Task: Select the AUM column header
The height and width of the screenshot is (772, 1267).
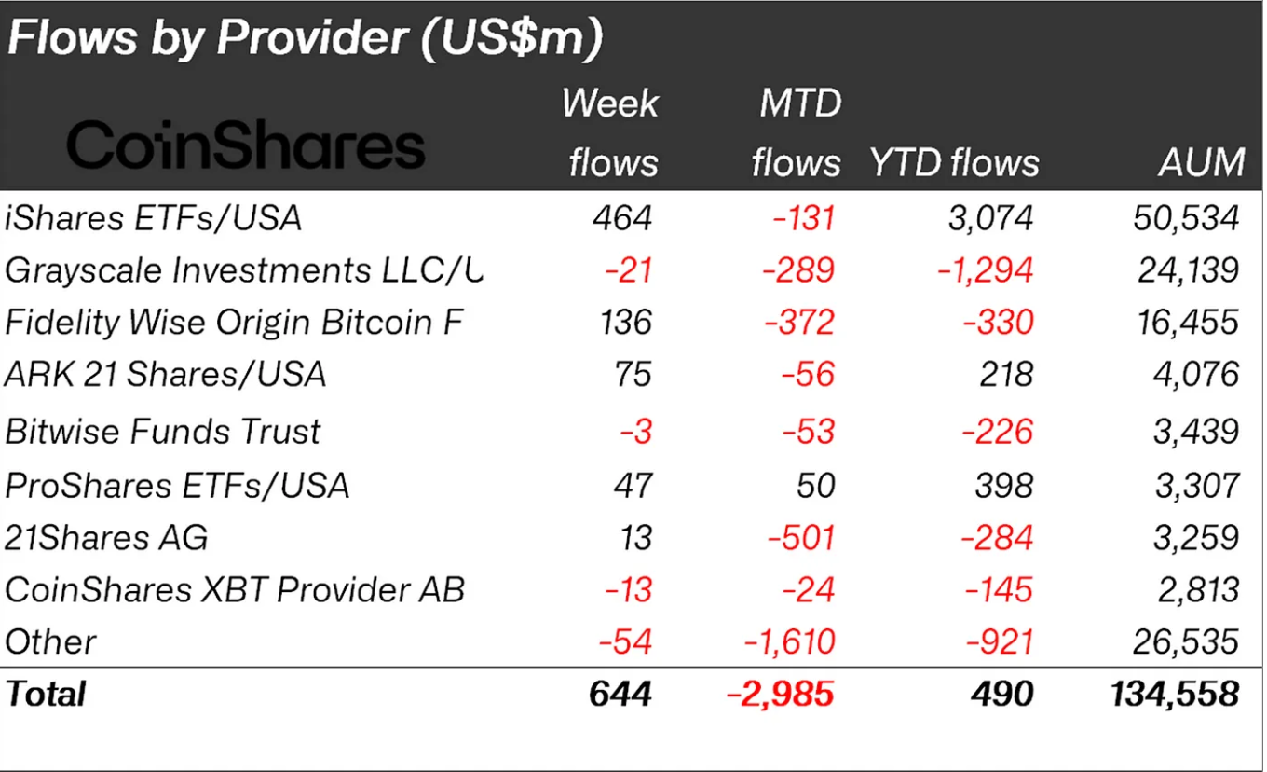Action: click(x=1201, y=162)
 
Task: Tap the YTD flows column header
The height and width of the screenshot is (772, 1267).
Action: click(x=954, y=162)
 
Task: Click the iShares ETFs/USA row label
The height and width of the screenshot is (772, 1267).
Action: click(x=154, y=218)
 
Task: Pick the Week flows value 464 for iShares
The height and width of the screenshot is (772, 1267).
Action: click(x=622, y=218)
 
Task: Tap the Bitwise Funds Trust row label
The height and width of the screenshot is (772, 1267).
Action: click(x=163, y=431)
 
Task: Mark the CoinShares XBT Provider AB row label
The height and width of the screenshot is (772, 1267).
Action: click(x=235, y=589)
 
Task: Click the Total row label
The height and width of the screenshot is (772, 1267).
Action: click(x=46, y=694)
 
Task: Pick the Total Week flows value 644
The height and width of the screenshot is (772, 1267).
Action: click(x=620, y=694)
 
